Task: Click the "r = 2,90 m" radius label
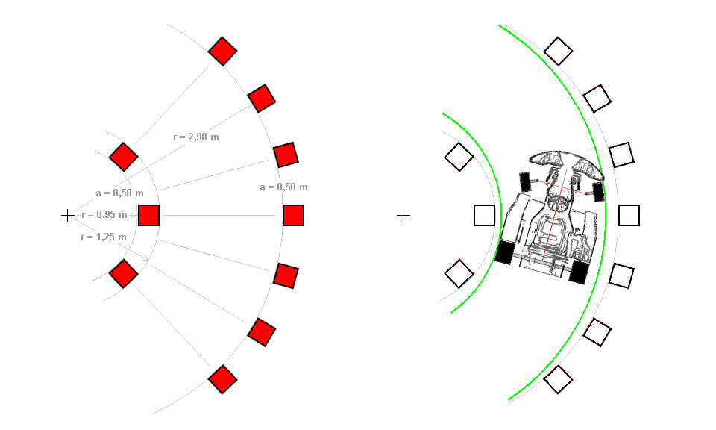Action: (195, 137)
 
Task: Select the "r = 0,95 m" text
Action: (104, 215)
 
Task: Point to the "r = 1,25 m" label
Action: (104, 237)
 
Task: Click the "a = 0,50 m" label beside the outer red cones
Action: (283, 187)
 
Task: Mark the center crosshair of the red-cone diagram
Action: (67, 215)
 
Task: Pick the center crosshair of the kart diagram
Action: (403, 215)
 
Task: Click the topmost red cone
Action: (222, 52)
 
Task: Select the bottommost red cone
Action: (222, 380)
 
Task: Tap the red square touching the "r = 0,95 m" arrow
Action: (149, 215)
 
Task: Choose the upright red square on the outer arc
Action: (294, 215)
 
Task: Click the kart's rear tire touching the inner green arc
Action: (505, 252)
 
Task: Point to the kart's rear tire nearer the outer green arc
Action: (579, 271)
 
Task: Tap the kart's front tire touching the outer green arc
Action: (597, 192)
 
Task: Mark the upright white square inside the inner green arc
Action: (485, 215)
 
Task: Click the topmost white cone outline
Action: (558, 52)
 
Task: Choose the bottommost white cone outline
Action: (558, 379)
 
